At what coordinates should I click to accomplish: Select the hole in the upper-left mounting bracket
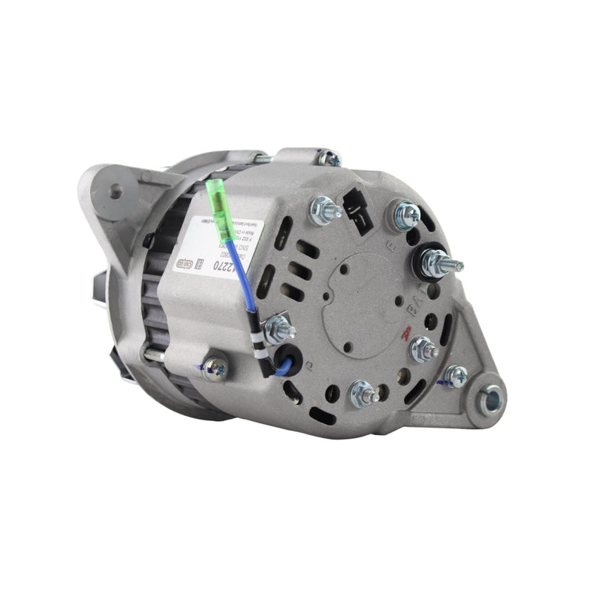(115, 192)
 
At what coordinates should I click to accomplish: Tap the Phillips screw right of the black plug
(406, 214)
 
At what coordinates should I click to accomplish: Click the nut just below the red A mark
(422, 348)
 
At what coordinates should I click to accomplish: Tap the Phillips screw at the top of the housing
(329, 158)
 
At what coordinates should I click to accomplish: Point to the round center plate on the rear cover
(361, 296)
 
